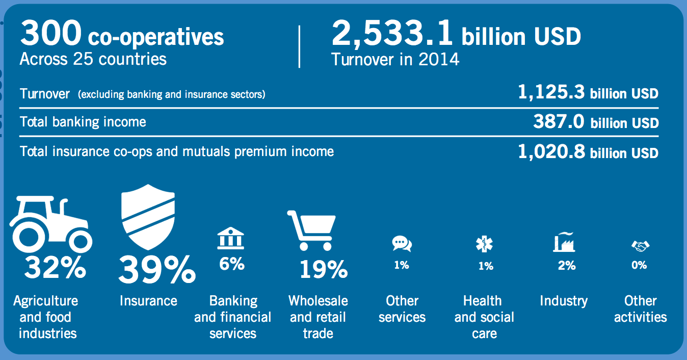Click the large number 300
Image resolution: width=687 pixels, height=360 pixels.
[x=51, y=33]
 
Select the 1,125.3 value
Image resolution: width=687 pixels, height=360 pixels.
[x=551, y=92]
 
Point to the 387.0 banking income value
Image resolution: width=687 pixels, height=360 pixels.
[x=559, y=121]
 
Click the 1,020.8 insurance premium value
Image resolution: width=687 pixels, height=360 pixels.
[x=551, y=151]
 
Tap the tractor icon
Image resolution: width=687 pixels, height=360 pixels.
[x=50, y=224]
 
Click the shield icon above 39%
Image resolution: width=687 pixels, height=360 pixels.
[x=148, y=217]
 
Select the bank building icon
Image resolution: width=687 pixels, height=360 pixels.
[x=231, y=238]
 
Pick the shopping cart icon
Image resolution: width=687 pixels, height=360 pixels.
[x=311, y=230]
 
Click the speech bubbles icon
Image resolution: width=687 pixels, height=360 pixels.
[x=402, y=244]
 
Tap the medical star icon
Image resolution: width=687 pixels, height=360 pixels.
[x=484, y=244]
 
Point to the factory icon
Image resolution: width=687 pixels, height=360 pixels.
[x=564, y=242]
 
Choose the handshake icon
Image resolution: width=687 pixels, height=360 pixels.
[x=641, y=246]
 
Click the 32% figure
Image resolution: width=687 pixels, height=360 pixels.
[x=55, y=267]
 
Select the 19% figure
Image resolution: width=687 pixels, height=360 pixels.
[x=324, y=269]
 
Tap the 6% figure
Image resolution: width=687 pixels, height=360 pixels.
[x=232, y=264]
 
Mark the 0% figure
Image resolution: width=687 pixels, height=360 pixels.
[x=639, y=265]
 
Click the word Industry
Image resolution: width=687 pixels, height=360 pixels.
[x=564, y=301]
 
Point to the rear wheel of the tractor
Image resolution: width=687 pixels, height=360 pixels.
[x=30, y=237]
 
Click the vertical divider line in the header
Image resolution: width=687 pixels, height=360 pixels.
[x=299, y=46]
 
